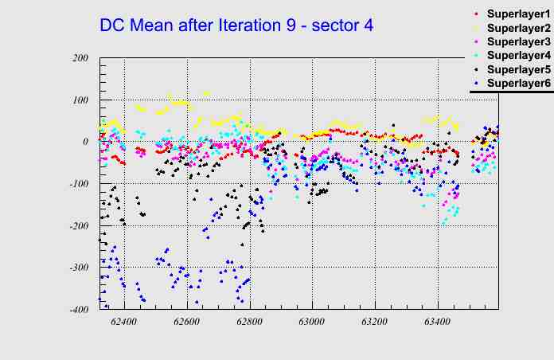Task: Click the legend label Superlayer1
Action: [517, 14]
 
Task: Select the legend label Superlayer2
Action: [517, 28]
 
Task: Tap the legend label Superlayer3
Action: [517, 41]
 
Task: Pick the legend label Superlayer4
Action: [517, 55]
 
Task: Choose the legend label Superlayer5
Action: [517, 69]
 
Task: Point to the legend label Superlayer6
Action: [517, 83]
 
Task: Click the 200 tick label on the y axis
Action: [80, 58]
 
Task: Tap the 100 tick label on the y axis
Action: [80, 100]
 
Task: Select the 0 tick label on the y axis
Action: [85, 142]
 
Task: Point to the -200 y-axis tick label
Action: [78, 226]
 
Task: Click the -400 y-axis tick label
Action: [78, 310]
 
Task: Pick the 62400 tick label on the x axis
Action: [124, 323]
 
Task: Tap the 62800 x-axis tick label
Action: [249, 323]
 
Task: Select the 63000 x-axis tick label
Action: [311, 323]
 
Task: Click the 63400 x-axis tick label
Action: [437, 323]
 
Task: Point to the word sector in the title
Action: [335, 25]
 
